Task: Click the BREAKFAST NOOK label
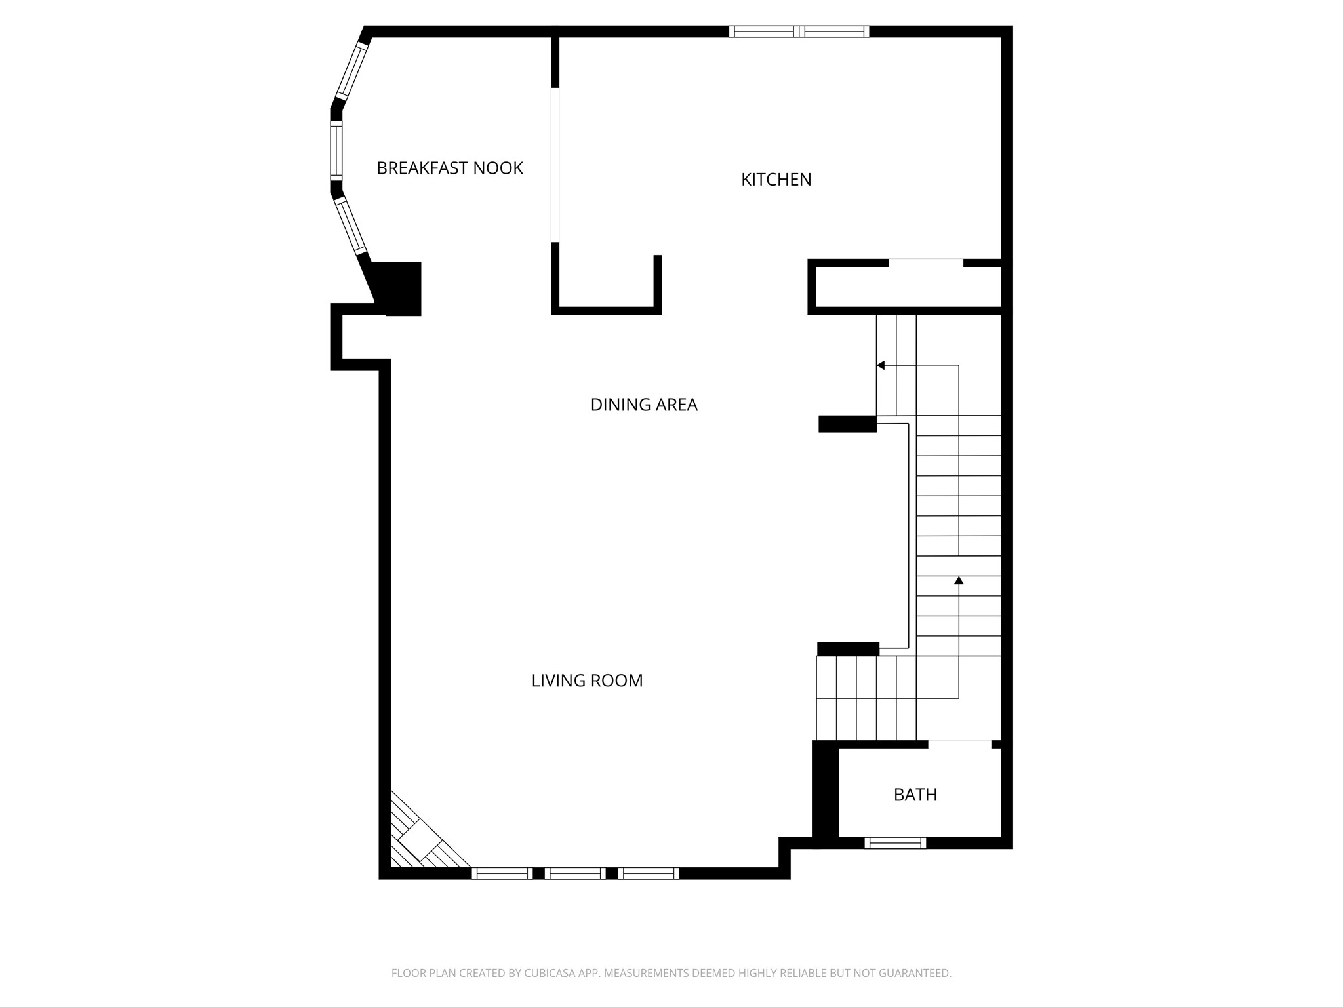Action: [450, 168]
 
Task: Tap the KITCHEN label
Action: [776, 180]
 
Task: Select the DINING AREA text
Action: [643, 405]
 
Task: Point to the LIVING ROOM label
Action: [587, 681]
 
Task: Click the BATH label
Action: [915, 795]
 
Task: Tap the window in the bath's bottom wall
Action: [895, 843]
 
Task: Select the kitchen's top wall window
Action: [799, 31]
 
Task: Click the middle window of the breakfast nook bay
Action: [336, 151]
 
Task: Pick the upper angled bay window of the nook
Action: [352, 71]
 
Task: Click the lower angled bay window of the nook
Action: [351, 226]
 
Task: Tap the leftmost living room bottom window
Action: [502, 873]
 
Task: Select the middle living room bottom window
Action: [574, 873]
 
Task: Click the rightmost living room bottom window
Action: [648, 873]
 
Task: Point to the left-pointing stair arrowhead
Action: [881, 365]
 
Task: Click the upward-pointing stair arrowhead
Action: [959, 580]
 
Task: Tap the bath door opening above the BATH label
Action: [959, 743]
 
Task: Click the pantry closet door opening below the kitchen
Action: [925, 263]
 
